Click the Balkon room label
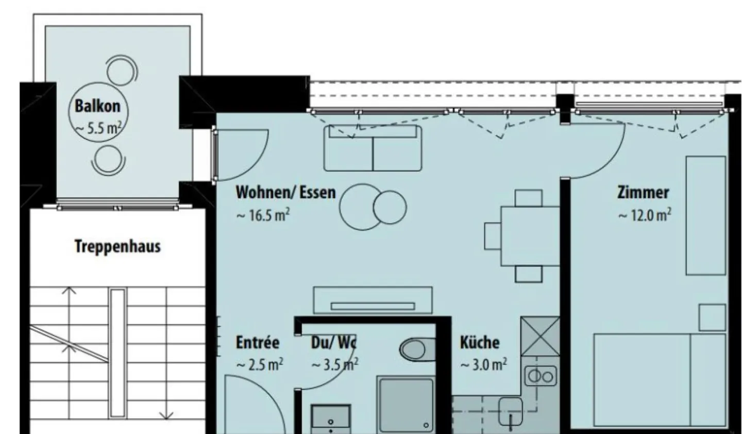(x=97, y=106)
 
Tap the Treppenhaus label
(x=117, y=246)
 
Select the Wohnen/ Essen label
(x=285, y=193)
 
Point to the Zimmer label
(x=643, y=193)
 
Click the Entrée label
(x=258, y=342)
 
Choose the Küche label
(x=479, y=342)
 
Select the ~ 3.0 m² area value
(x=483, y=365)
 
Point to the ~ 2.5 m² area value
(x=259, y=365)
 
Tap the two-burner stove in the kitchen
(x=539, y=377)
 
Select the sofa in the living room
(x=372, y=148)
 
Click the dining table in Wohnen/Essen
(x=529, y=236)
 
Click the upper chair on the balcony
(x=122, y=70)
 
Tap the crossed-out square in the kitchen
(x=539, y=337)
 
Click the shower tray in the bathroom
(x=406, y=405)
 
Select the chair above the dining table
(x=529, y=198)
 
